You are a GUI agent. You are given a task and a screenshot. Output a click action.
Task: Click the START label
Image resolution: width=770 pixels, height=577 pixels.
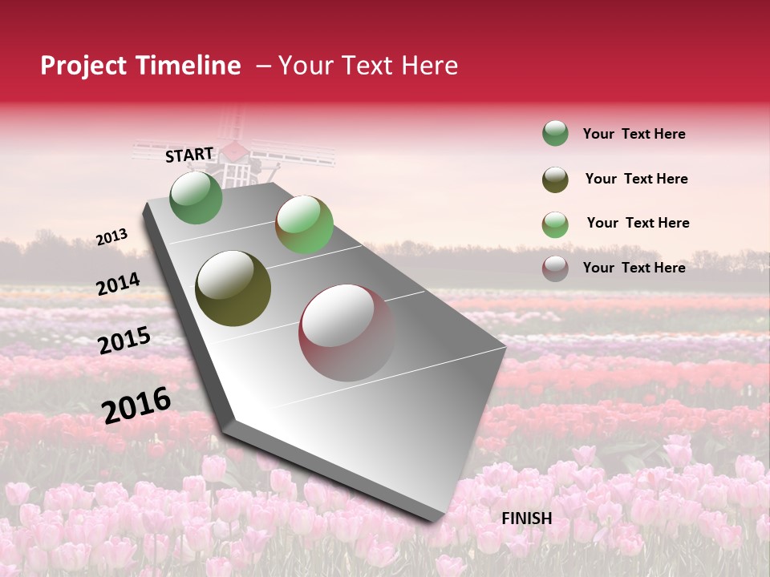click(189, 155)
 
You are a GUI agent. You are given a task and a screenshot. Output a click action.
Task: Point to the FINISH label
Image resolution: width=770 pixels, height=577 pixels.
click(526, 518)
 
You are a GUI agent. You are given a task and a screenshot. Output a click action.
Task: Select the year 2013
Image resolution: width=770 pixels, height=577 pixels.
click(111, 237)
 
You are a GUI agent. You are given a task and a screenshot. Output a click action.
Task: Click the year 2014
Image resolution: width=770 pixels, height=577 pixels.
click(118, 284)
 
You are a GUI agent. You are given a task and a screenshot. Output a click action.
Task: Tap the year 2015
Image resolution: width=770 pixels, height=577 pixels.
click(124, 341)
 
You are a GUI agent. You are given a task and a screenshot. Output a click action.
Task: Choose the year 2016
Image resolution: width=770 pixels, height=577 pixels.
click(136, 405)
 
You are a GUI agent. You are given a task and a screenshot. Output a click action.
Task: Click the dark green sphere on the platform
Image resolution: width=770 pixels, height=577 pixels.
click(197, 197)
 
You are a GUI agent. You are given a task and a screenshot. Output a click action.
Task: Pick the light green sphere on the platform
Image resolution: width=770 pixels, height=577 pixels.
click(304, 224)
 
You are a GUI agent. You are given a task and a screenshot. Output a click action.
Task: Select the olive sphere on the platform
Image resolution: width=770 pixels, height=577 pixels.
click(233, 288)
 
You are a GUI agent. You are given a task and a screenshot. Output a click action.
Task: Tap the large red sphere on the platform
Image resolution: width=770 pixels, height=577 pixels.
click(346, 332)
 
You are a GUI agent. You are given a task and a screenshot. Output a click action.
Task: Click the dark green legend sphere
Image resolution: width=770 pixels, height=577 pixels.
click(555, 134)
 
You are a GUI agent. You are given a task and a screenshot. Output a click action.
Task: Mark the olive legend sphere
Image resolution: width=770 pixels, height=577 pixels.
click(555, 180)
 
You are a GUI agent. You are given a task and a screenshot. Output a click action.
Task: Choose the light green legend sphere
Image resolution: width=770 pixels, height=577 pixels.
click(555, 224)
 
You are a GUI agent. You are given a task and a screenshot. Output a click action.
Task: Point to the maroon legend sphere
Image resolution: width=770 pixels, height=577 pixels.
click(555, 268)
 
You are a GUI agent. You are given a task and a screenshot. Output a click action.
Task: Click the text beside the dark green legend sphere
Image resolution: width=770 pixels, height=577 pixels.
click(634, 134)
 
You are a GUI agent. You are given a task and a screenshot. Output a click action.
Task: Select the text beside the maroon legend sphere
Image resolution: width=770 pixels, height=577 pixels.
click(634, 268)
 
